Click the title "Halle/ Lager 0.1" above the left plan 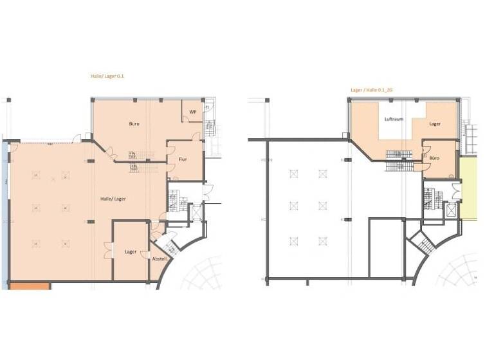(107, 76)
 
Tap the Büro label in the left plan (134, 123)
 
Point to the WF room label (192, 112)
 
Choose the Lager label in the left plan (130, 251)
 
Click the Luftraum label (393, 120)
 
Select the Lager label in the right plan (435, 123)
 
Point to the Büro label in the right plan (435, 157)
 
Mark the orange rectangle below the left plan (29, 285)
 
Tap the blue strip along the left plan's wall (6, 212)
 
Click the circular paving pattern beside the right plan (459, 270)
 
